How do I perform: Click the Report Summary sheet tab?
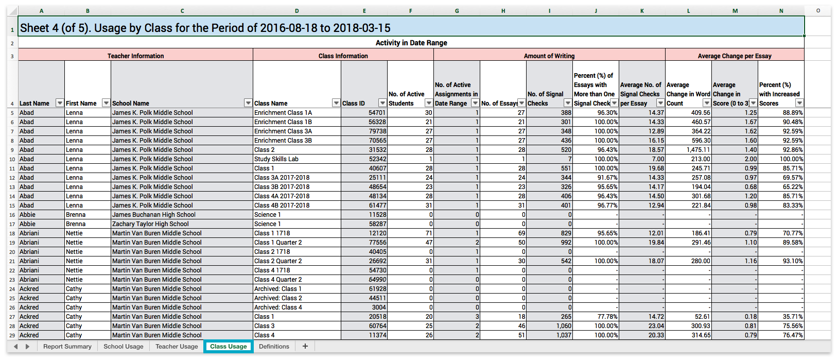[x=67, y=347]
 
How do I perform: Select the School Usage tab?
[x=124, y=347]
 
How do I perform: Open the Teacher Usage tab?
[x=177, y=347]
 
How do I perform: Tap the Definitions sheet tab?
[x=274, y=347]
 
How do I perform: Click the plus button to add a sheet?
[x=305, y=347]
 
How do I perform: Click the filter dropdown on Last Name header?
[x=60, y=103]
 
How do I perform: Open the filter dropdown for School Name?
[x=248, y=103]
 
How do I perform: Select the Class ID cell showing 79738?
[x=364, y=131]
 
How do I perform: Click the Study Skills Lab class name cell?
[x=296, y=159]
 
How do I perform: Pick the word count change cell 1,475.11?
[x=688, y=150]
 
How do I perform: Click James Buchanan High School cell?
[x=182, y=215]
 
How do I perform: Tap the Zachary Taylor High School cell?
[x=182, y=224]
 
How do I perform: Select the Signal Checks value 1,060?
[x=549, y=326]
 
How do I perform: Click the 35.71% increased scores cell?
[x=781, y=317]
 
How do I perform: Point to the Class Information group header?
[x=343, y=56]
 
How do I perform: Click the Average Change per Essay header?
[x=735, y=56]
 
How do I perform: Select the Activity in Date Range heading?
[x=411, y=43]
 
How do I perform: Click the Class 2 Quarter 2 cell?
[x=296, y=261]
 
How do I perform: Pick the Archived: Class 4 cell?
[x=296, y=307]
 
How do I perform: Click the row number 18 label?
[x=12, y=233]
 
